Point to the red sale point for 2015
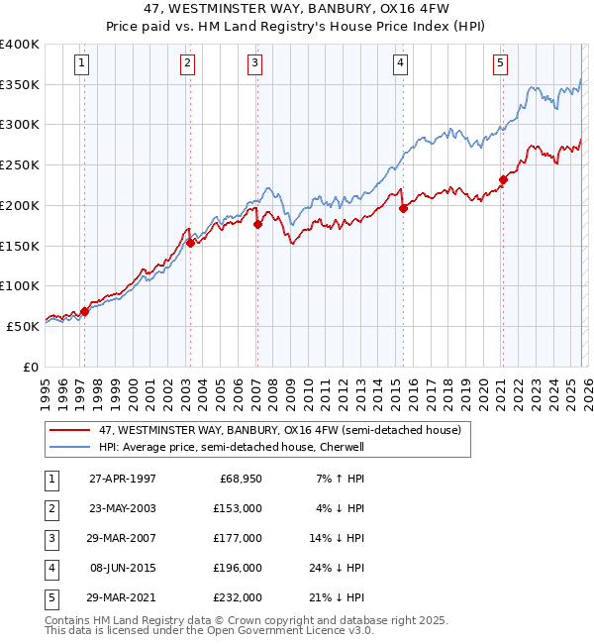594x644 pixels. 404,208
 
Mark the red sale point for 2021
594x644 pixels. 503,179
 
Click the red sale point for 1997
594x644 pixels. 84,311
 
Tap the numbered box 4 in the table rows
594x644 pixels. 50,567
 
